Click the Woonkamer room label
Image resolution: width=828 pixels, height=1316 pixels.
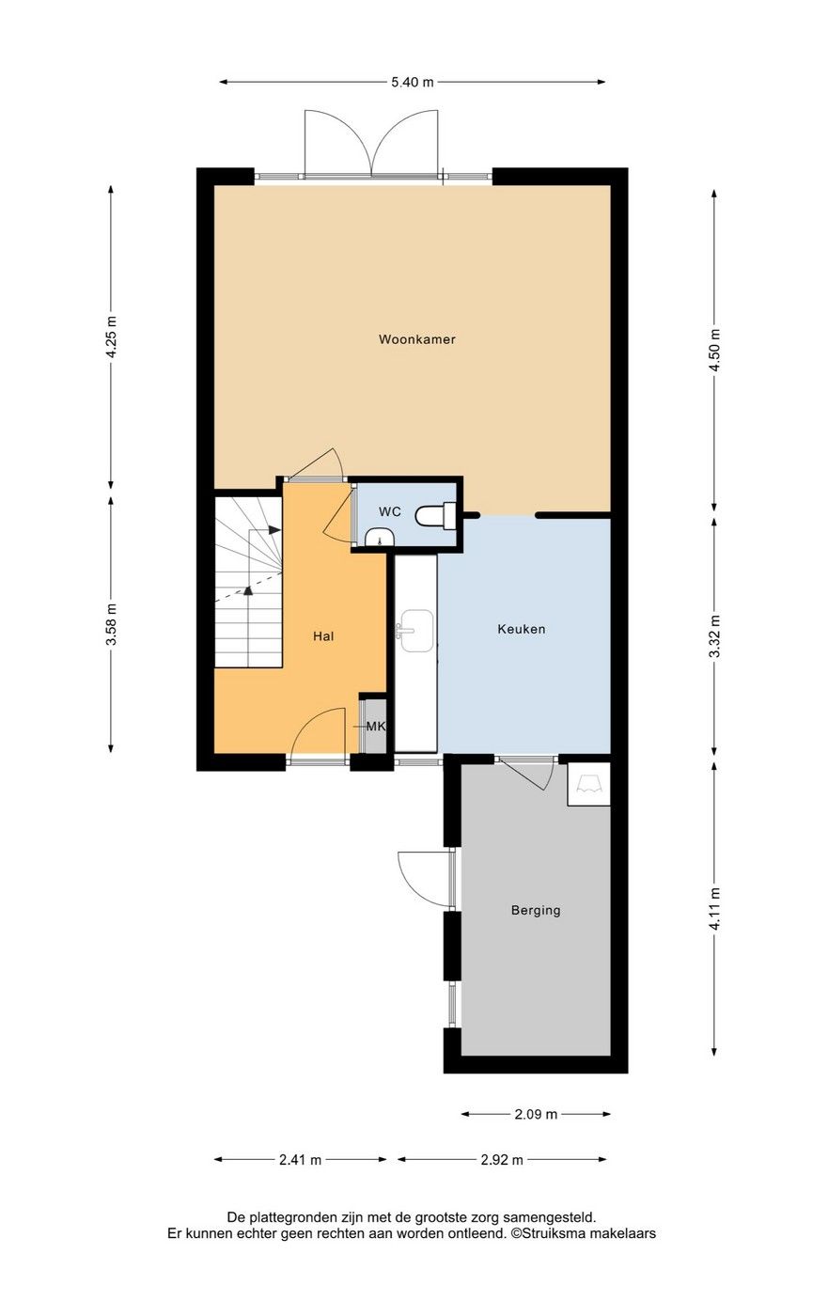click(417, 339)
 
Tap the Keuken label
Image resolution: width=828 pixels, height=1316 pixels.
click(522, 629)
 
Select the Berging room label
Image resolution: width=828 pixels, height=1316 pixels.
click(536, 911)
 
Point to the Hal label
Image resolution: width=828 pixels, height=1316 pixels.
click(323, 635)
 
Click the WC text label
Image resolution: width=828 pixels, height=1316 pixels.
click(390, 511)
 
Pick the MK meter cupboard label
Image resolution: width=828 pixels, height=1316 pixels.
click(376, 726)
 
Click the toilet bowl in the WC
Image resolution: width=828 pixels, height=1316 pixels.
click(435, 515)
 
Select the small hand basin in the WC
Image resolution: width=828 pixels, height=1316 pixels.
click(380, 537)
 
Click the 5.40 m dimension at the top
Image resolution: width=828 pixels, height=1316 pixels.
click(413, 83)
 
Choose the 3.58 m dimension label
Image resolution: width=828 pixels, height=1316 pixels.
click(112, 624)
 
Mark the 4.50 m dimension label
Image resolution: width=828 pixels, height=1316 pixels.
click(714, 350)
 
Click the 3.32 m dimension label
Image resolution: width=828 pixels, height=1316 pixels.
click(714, 636)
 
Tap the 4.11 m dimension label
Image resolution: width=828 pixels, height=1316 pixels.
click(714, 908)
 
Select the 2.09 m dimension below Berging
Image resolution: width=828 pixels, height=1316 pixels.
click(536, 1114)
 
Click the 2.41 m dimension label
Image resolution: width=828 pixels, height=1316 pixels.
click(300, 1160)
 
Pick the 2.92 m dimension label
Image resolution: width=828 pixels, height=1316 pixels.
click(502, 1160)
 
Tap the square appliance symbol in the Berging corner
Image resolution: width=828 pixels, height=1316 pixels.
click(589, 784)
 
